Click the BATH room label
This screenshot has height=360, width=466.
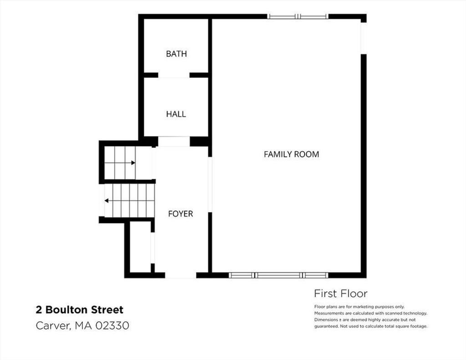pyautogui.click(x=176, y=54)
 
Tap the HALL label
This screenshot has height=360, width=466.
pyautogui.click(x=176, y=114)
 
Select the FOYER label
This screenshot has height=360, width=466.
pyautogui.click(x=180, y=214)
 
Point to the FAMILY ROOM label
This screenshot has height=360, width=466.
pyautogui.click(x=291, y=154)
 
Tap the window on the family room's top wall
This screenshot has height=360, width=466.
pyautogui.click(x=298, y=16)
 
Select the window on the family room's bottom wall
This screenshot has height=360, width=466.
pyautogui.click(x=279, y=275)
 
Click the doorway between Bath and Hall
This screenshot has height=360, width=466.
pyautogui.click(x=174, y=75)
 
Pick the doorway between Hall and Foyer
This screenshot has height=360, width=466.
pyautogui.click(x=174, y=142)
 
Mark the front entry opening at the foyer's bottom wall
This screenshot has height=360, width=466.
pyautogui.click(x=181, y=275)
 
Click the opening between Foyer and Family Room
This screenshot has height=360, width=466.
pyautogui.click(x=210, y=185)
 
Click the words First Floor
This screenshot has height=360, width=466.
pyautogui.click(x=340, y=294)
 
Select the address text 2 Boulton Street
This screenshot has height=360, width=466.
pyautogui.click(x=79, y=310)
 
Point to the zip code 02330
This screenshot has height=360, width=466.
pyautogui.click(x=112, y=325)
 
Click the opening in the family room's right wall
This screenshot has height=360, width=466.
pyautogui.click(x=364, y=38)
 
